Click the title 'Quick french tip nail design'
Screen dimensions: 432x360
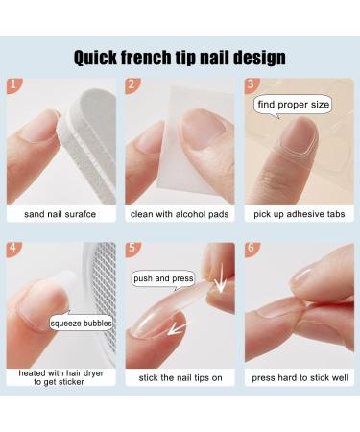coord(180,57)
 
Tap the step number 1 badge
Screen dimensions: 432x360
coord(12,86)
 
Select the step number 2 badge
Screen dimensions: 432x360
coord(132,86)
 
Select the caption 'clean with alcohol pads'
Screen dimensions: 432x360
coord(180,214)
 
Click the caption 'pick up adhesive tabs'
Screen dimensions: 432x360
coord(300,214)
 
